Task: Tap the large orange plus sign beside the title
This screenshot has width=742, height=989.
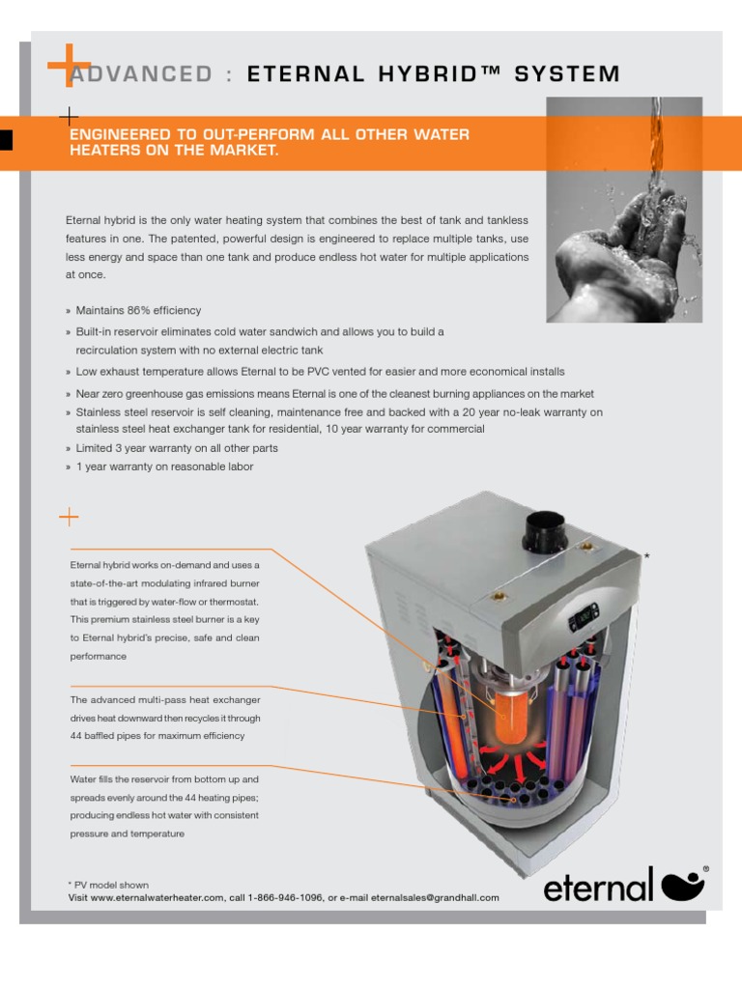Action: (x=68, y=65)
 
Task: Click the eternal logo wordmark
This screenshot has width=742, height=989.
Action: (x=598, y=886)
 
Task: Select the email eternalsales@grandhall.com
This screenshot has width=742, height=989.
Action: (x=435, y=898)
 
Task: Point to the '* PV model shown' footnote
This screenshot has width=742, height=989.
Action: (x=108, y=885)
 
